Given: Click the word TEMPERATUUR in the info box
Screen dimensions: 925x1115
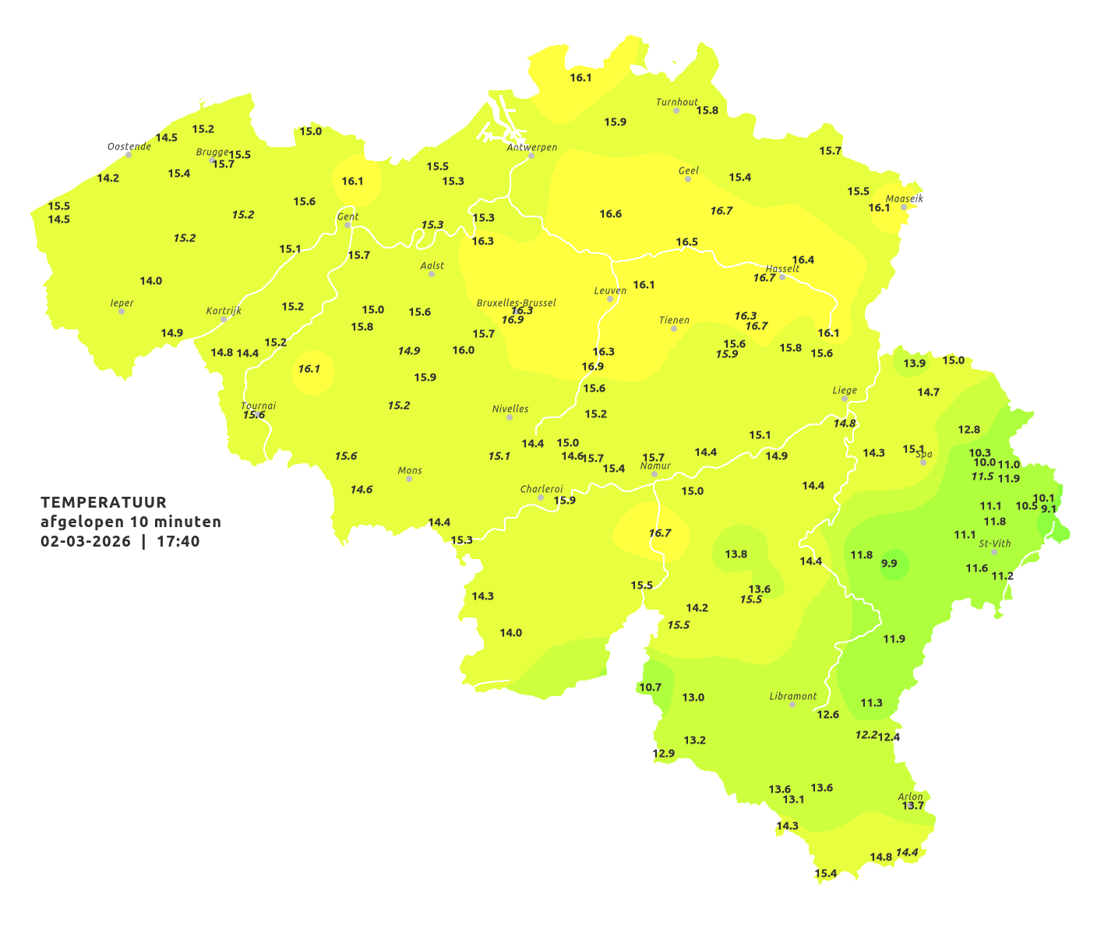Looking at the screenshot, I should coord(104,502).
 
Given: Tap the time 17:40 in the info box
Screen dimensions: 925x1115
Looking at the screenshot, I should coord(178,541).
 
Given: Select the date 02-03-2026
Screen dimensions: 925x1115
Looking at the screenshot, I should coord(86,541).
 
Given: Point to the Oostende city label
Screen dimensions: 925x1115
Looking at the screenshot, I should coord(129,146).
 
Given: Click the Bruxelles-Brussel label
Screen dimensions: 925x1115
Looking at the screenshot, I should coord(516,302).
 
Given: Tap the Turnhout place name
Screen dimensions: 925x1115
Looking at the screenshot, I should coord(676,102).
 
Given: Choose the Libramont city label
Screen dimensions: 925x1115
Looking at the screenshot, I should coord(792,696).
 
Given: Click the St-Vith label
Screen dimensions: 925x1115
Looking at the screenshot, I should coord(994,543).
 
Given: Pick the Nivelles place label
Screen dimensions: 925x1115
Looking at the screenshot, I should coord(510,409).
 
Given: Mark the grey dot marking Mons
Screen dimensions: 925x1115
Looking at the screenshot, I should coord(408,479).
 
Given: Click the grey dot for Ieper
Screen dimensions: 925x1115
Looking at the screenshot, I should coord(121,311).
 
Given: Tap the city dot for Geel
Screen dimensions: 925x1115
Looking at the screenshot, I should coord(688,179).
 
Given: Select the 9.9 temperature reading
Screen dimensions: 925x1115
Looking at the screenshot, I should coord(889,564).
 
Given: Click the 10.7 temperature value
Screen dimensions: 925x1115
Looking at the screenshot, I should coord(650,688).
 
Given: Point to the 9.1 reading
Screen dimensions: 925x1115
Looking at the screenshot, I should coord(1049,509).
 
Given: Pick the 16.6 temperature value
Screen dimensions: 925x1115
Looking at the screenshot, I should coord(610,214).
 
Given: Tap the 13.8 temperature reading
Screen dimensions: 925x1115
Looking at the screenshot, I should coord(736,554).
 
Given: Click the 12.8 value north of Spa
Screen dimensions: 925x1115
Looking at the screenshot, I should coord(969,430).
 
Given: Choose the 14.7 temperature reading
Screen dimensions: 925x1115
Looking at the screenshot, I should coord(928,392).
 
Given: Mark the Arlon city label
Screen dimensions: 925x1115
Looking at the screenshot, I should coord(910,797).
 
